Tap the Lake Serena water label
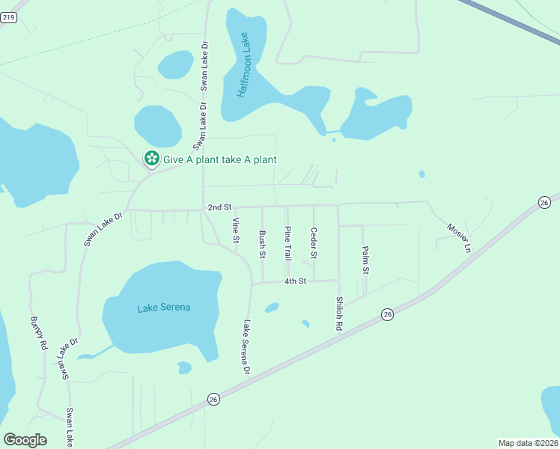point(164,308)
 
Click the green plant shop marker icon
point(151,158)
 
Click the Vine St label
point(236,230)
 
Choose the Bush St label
point(263,245)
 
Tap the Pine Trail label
point(288,243)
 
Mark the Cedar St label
point(314,243)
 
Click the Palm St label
point(365,260)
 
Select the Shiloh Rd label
point(339,314)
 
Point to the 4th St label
point(295,281)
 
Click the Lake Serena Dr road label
point(246,347)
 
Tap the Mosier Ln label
point(460,237)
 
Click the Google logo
point(25,440)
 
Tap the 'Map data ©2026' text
point(528,443)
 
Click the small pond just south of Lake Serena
point(184,367)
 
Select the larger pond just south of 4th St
point(272,307)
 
